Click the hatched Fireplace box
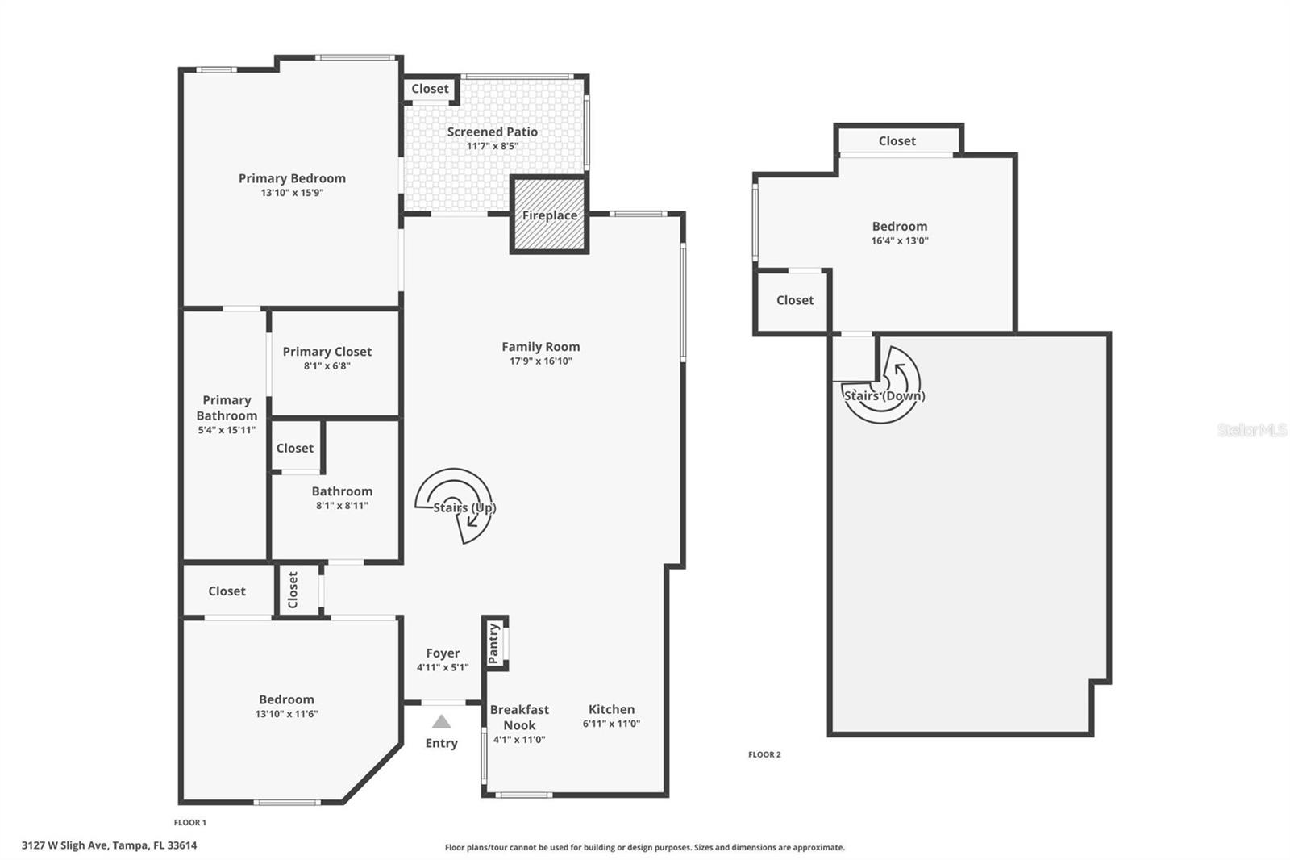coord(549,215)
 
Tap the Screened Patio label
coord(492,132)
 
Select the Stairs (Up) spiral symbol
coord(454,504)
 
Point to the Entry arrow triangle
coord(441,721)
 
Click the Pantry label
coord(493,643)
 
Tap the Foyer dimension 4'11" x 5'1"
coord(443,667)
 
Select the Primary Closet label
coord(327,352)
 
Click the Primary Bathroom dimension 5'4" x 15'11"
coord(227,430)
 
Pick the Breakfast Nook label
coord(519,717)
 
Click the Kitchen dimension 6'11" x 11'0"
coord(611,724)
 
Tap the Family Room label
coord(540,347)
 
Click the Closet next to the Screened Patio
coord(430,89)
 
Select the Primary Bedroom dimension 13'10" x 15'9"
coord(292,193)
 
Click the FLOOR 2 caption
coord(764,754)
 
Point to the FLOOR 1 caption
coord(190,822)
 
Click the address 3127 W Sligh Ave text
coord(109,845)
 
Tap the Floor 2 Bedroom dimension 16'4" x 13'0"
coord(900,240)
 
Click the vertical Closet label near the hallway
coord(293,590)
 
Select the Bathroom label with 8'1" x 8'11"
coord(342,491)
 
